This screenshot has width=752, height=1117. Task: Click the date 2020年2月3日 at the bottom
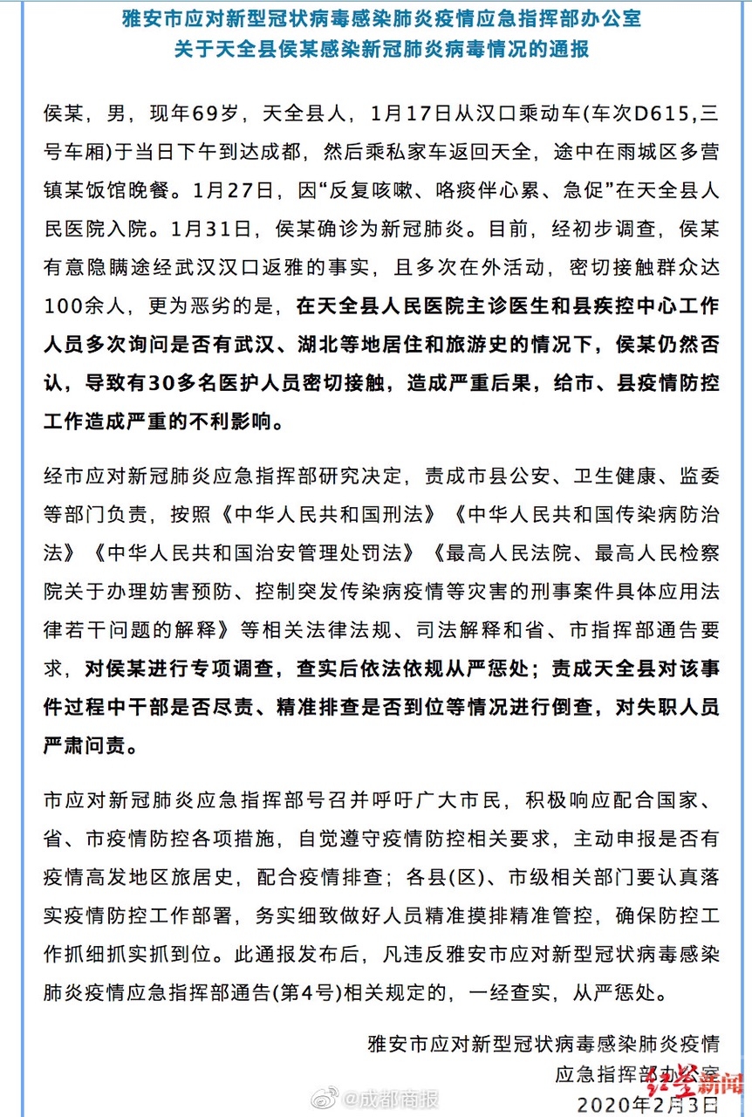(x=643, y=1104)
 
